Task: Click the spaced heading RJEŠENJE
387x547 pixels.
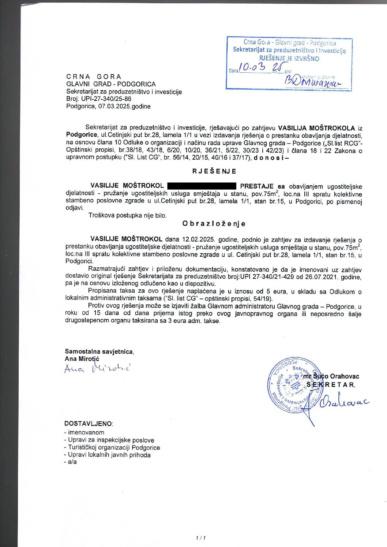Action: click(x=214, y=171)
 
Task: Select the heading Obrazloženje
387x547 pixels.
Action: click(x=214, y=224)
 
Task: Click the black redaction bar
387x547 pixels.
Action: click(x=202, y=186)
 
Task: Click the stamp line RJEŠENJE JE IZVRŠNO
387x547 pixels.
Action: click(x=289, y=58)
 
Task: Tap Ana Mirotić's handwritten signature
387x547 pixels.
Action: click(x=97, y=368)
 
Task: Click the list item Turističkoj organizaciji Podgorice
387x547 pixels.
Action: click(x=114, y=448)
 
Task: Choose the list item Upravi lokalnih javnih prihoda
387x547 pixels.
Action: click(x=109, y=455)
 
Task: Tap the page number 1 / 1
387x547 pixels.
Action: click(x=201, y=538)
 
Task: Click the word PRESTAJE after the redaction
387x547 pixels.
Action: click(x=256, y=186)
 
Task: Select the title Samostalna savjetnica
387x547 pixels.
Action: click(x=99, y=352)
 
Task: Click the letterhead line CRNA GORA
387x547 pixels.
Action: click(x=94, y=77)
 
